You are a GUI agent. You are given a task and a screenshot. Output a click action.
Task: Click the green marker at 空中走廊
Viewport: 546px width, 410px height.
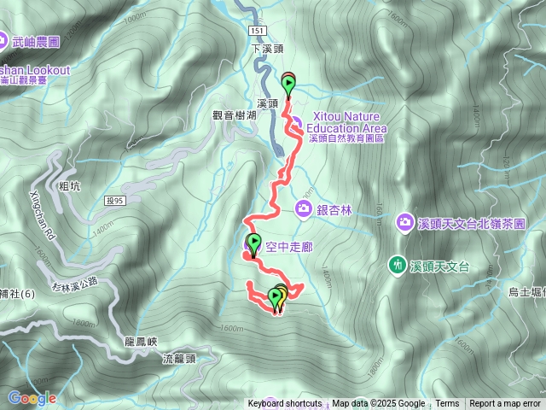click(253, 242)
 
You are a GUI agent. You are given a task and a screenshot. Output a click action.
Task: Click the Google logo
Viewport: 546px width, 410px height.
click(32, 398)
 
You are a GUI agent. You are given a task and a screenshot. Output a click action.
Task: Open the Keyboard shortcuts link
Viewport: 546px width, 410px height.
click(285, 404)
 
